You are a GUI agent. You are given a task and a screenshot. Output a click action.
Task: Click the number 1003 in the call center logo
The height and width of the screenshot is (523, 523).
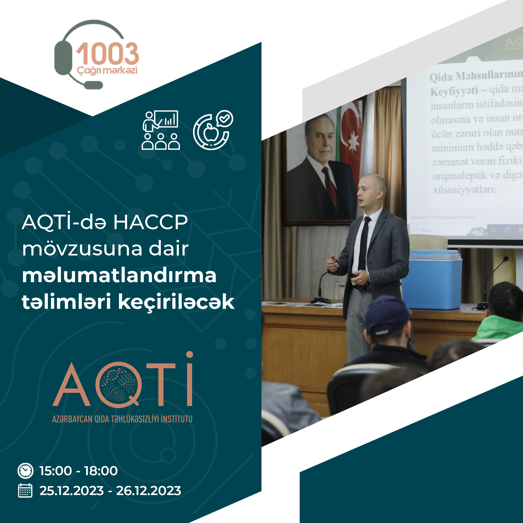(107, 54)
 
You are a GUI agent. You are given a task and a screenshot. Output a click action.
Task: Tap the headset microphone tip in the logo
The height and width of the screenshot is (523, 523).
(93, 85)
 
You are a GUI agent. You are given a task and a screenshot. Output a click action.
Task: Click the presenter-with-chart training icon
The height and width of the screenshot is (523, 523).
(161, 130)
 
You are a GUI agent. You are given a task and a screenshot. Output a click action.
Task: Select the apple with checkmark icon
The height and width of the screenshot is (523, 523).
(213, 130)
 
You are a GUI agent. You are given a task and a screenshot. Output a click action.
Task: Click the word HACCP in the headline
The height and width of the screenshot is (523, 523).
(150, 223)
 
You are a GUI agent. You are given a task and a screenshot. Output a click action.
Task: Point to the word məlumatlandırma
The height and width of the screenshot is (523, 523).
(119, 276)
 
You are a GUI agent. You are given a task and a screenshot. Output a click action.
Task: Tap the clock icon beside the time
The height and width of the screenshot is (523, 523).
(25, 471)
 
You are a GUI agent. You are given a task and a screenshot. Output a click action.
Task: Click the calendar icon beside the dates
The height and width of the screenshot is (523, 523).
(25, 491)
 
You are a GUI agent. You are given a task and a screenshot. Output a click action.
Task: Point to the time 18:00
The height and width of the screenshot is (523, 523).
(101, 471)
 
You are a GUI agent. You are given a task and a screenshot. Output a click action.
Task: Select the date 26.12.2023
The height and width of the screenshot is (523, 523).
(148, 491)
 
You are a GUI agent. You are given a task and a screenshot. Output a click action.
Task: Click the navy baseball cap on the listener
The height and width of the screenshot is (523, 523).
(387, 315)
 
